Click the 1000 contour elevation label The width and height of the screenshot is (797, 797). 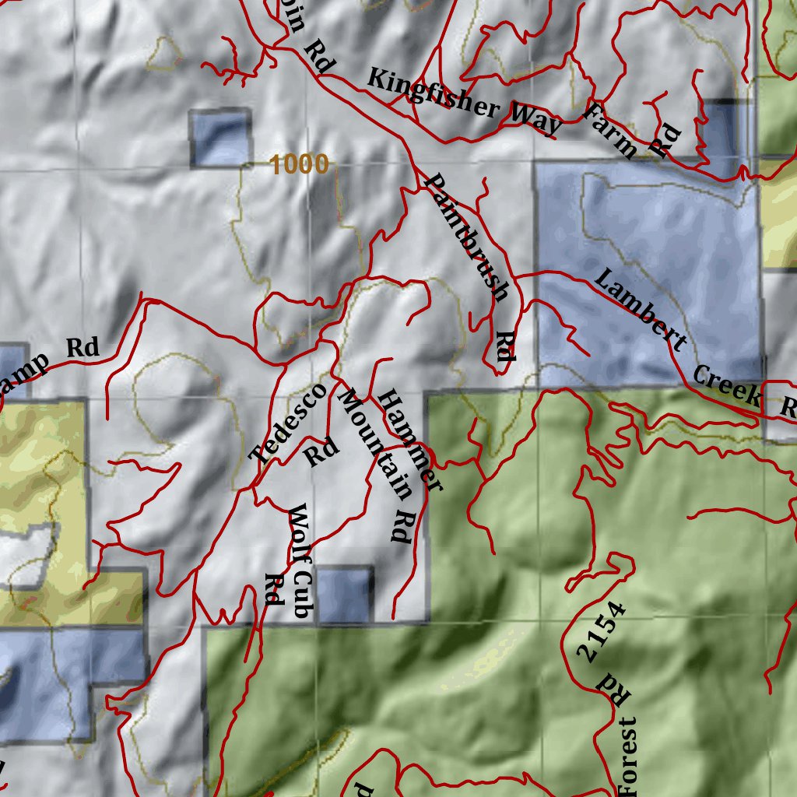[x=300, y=164]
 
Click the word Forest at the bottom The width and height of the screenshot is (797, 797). [x=629, y=757]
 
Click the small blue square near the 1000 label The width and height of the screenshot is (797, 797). [x=221, y=139]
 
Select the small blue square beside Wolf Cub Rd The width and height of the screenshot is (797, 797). [x=344, y=595]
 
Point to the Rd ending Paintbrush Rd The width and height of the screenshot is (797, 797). [x=506, y=347]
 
